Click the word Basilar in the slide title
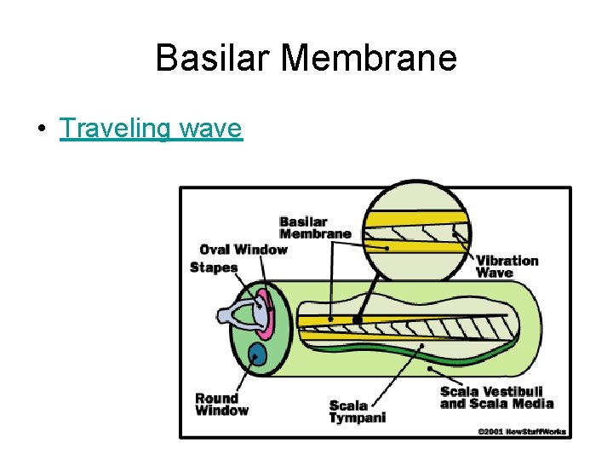(212, 58)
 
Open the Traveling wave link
(151, 129)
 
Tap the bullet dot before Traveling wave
(41, 129)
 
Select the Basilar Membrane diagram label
(315, 227)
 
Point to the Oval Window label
(243, 250)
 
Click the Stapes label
(214, 267)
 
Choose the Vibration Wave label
(507, 266)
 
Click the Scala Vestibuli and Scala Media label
(496, 398)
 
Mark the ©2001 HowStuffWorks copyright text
(521, 432)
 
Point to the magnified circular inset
(417, 230)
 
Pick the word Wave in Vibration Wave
(495, 273)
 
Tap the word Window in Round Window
(221, 411)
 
